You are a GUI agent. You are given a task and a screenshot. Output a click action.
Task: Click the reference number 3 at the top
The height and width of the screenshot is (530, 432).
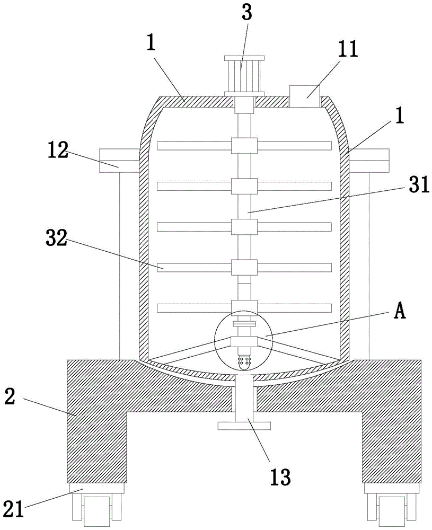(x=246, y=14)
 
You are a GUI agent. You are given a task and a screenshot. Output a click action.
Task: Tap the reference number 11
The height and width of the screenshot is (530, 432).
(x=347, y=49)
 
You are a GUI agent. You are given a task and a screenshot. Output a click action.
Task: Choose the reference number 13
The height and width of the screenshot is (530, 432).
(x=280, y=477)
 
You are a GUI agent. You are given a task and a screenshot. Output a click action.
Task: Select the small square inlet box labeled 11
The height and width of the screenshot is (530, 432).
(x=304, y=96)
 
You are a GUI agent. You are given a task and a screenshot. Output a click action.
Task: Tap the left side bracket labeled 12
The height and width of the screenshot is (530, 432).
(x=118, y=160)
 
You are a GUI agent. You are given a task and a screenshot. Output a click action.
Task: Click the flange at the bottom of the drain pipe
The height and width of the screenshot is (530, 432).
(x=244, y=425)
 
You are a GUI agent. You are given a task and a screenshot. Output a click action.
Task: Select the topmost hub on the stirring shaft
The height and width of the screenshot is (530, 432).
(x=244, y=145)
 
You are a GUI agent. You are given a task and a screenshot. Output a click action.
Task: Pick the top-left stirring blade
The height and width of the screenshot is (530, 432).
(x=194, y=145)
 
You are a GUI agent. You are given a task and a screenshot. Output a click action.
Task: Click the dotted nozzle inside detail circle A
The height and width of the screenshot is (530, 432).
(x=244, y=362)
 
